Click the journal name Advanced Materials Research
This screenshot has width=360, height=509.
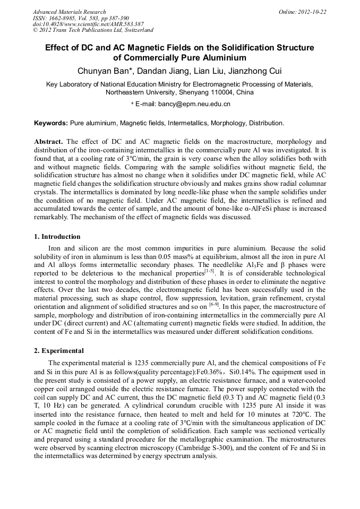[x=69, y=12]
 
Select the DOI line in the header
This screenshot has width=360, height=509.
[x=88, y=24]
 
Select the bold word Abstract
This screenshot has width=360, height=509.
[x=48, y=142]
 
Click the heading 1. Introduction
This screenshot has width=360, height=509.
[x=57, y=237]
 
